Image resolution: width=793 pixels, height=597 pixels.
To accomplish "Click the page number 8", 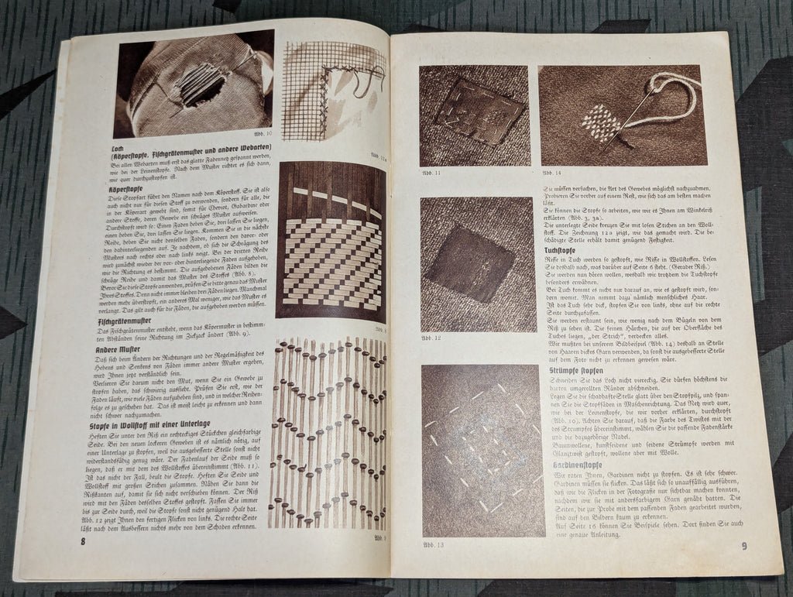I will pos(83,540).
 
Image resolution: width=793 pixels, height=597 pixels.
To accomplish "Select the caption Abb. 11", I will pos(428,173).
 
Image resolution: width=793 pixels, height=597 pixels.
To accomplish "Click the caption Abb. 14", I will pos(551,173).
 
